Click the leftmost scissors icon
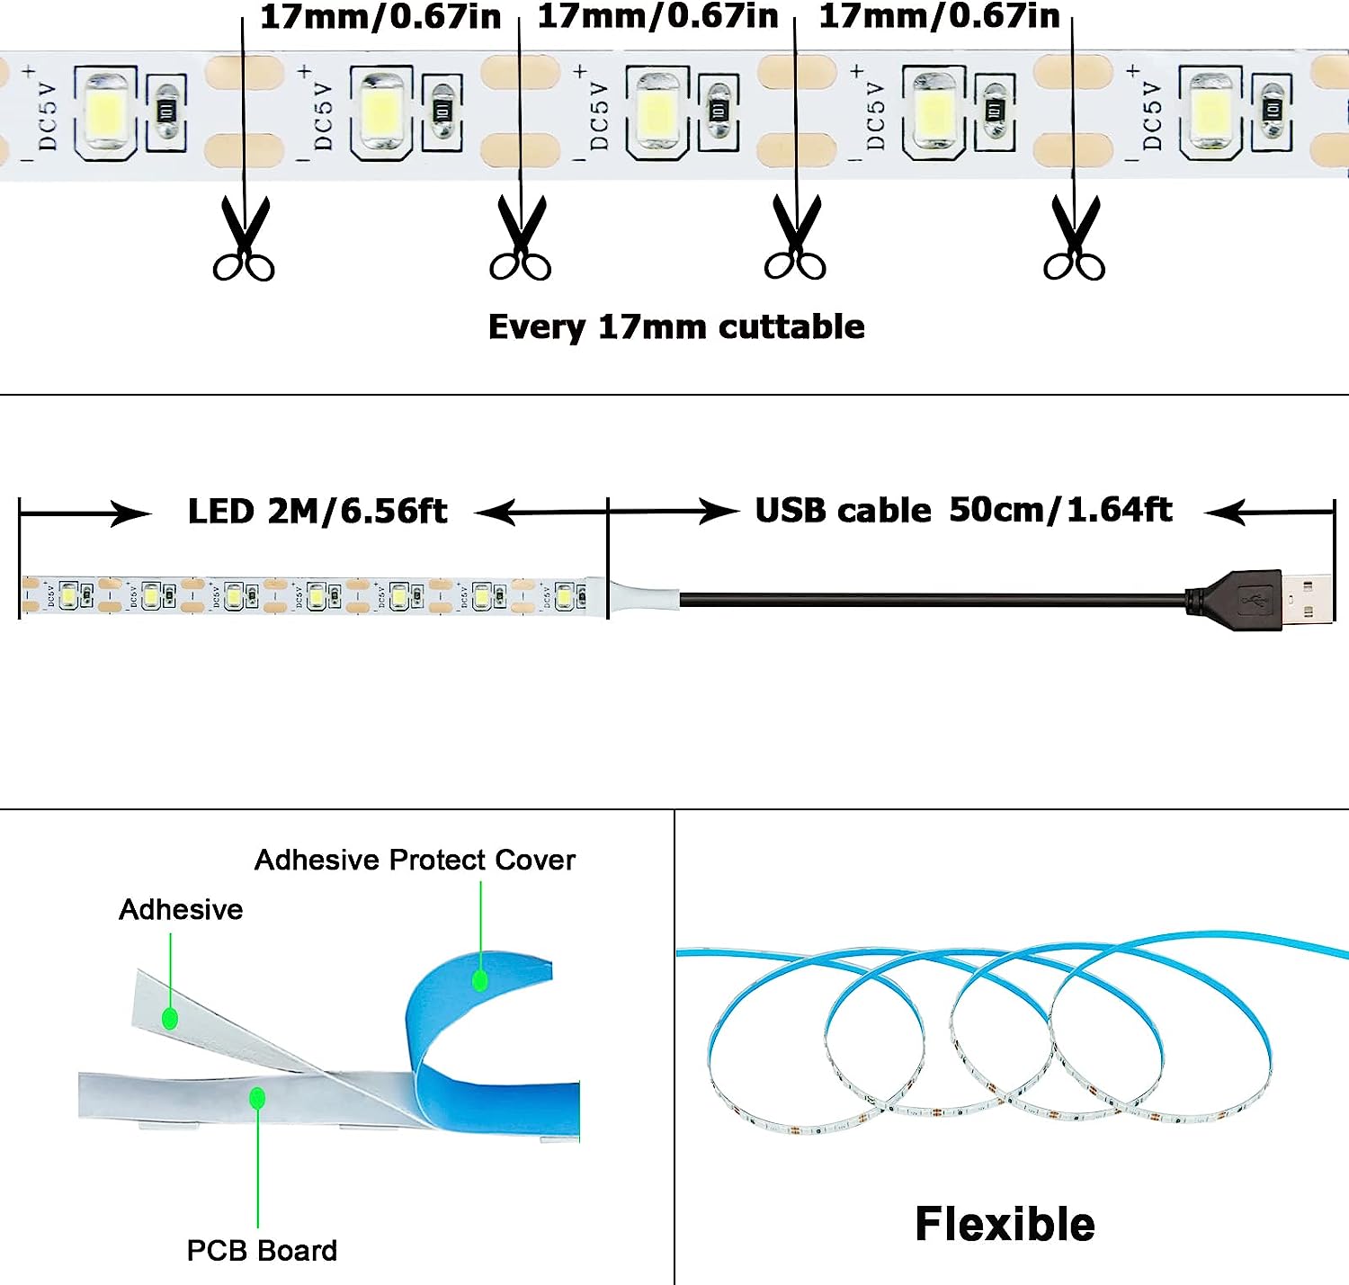[244, 239]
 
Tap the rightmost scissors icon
[1074, 239]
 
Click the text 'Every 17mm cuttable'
[676, 326]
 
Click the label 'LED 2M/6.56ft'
[317, 512]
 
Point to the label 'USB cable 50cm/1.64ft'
[963, 510]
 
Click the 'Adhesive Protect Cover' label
[415, 860]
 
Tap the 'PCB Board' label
[262, 1250]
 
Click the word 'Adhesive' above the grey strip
[181, 909]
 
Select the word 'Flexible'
[1005, 1224]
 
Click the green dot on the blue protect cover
[480, 979]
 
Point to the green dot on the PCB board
[257, 1098]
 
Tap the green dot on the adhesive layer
[170, 1019]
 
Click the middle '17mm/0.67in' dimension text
[657, 16]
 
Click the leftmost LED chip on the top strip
[105, 112]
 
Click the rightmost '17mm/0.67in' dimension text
[939, 16]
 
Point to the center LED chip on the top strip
[657, 112]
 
